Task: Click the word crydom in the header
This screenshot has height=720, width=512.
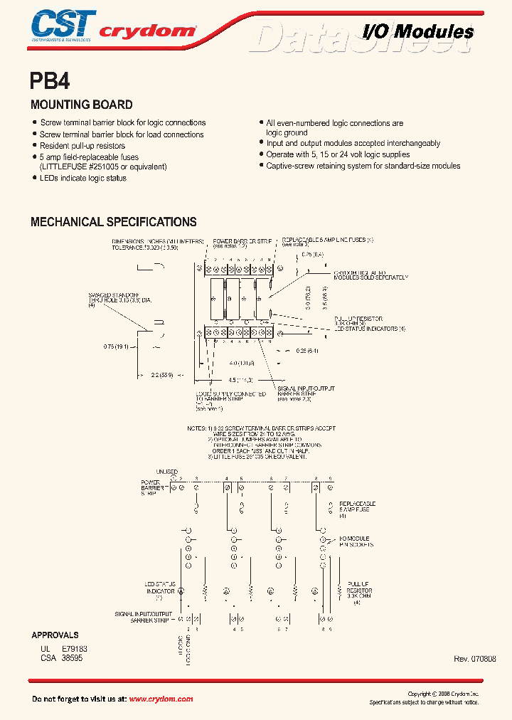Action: pyautogui.click(x=146, y=31)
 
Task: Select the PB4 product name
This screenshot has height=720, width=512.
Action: pyautogui.click(x=50, y=80)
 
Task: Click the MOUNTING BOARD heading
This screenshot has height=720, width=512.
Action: pyautogui.click(x=81, y=105)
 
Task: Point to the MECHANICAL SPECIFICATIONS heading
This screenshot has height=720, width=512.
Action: pyautogui.click(x=113, y=222)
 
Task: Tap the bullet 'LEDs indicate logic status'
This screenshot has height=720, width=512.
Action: pyautogui.click(x=82, y=178)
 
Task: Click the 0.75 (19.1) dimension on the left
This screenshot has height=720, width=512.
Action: pyautogui.click(x=117, y=348)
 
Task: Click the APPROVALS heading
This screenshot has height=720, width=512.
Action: pyautogui.click(x=55, y=635)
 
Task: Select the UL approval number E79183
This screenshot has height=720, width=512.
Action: pyautogui.click(x=75, y=649)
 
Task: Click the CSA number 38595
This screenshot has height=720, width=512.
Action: pyautogui.click(x=72, y=659)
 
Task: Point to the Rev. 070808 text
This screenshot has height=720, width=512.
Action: pyautogui.click(x=474, y=659)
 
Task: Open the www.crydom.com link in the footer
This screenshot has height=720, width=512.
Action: pyautogui.click(x=161, y=699)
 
